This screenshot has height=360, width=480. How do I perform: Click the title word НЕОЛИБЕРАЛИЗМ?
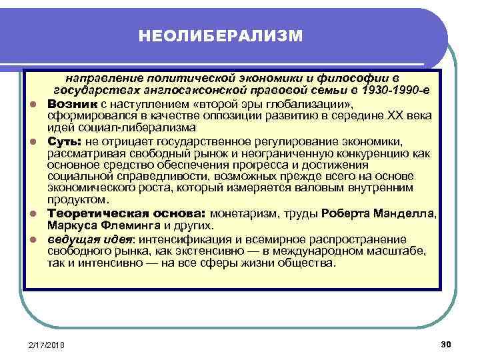(x=221, y=34)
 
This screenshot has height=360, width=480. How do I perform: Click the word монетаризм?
(x=245, y=214)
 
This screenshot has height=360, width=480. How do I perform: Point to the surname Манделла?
(x=408, y=214)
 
